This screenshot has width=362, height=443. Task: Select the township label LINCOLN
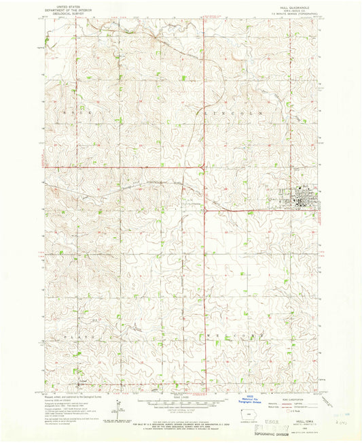click(231, 112)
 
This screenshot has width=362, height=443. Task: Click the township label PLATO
click(76, 336)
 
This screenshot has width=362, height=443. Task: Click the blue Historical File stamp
click(226, 402)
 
